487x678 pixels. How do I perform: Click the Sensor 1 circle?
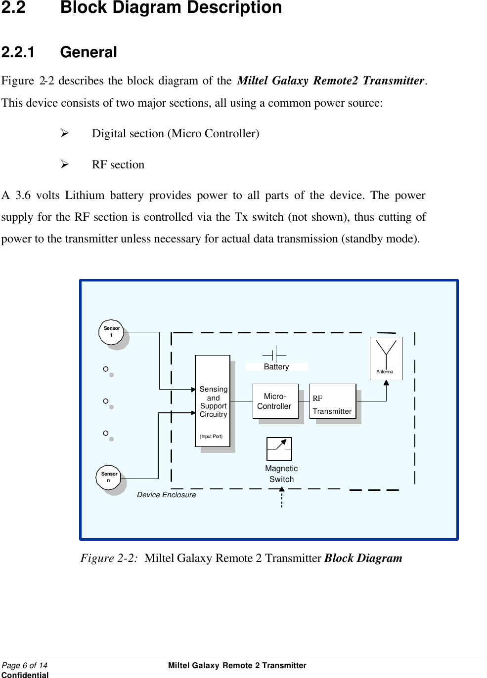coord(111,332)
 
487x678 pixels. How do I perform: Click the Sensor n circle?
coord(109,477)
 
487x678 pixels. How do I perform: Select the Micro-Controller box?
coord(275,401)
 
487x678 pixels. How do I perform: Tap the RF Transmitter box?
coord(332,401)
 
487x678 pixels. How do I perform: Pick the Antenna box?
coord(386,358)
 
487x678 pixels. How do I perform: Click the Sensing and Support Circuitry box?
coord(213,401)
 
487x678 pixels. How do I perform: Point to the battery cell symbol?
coord(274,354)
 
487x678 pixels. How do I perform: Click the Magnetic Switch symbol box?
coord(279,449)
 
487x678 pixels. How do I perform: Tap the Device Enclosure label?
coord(166,495)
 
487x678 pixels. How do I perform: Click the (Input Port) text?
coord(211,437)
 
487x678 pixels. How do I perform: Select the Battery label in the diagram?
coord(276,367)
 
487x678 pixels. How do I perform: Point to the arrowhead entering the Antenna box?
coord(386,383)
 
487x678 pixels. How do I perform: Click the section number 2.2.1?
coord(18,52)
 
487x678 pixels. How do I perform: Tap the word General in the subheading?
coord(89,52)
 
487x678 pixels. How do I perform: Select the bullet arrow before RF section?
coord(64,164)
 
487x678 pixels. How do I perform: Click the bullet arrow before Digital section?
coord(64,133)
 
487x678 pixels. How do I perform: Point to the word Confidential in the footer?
coord(25,675)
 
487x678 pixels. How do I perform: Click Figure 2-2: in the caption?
coord(109,558)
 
